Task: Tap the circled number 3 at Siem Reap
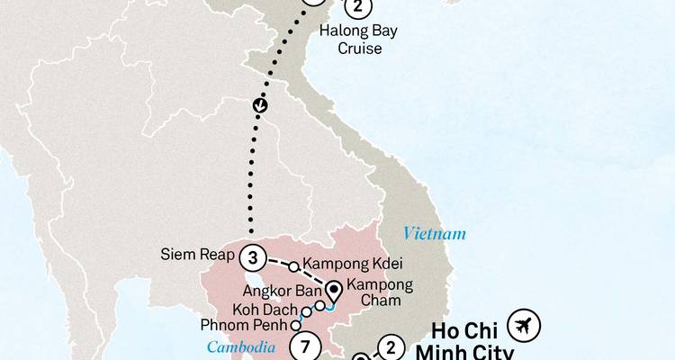[253, 258]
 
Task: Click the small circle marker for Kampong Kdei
[294, 265]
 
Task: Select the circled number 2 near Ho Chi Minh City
[390, 346]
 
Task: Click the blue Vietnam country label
[435, 234]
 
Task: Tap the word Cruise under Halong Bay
[359, 48]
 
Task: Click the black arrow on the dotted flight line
[261, 106]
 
